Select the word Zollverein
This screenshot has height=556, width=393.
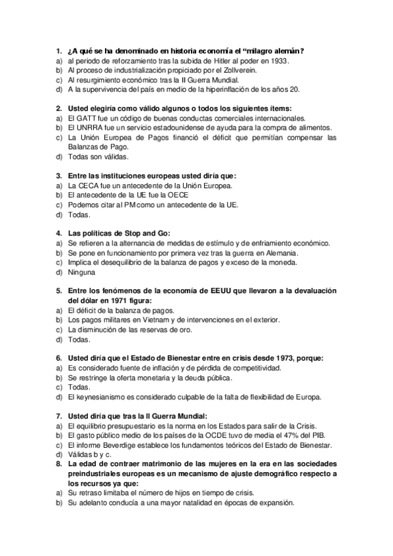[x=244, y=70]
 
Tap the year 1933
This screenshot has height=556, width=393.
[x=279, y=60]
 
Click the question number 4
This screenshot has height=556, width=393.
[x=58, y=233]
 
